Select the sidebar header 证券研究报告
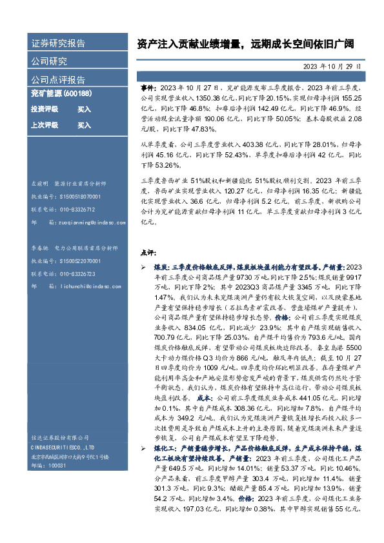[58, 44]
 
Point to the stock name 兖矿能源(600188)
[61, 94]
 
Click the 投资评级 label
[44, 109]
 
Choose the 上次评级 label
[44, 124]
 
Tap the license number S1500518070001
[82, 197]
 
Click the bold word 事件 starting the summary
[148, 86]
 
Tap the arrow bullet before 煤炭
[143, 266]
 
